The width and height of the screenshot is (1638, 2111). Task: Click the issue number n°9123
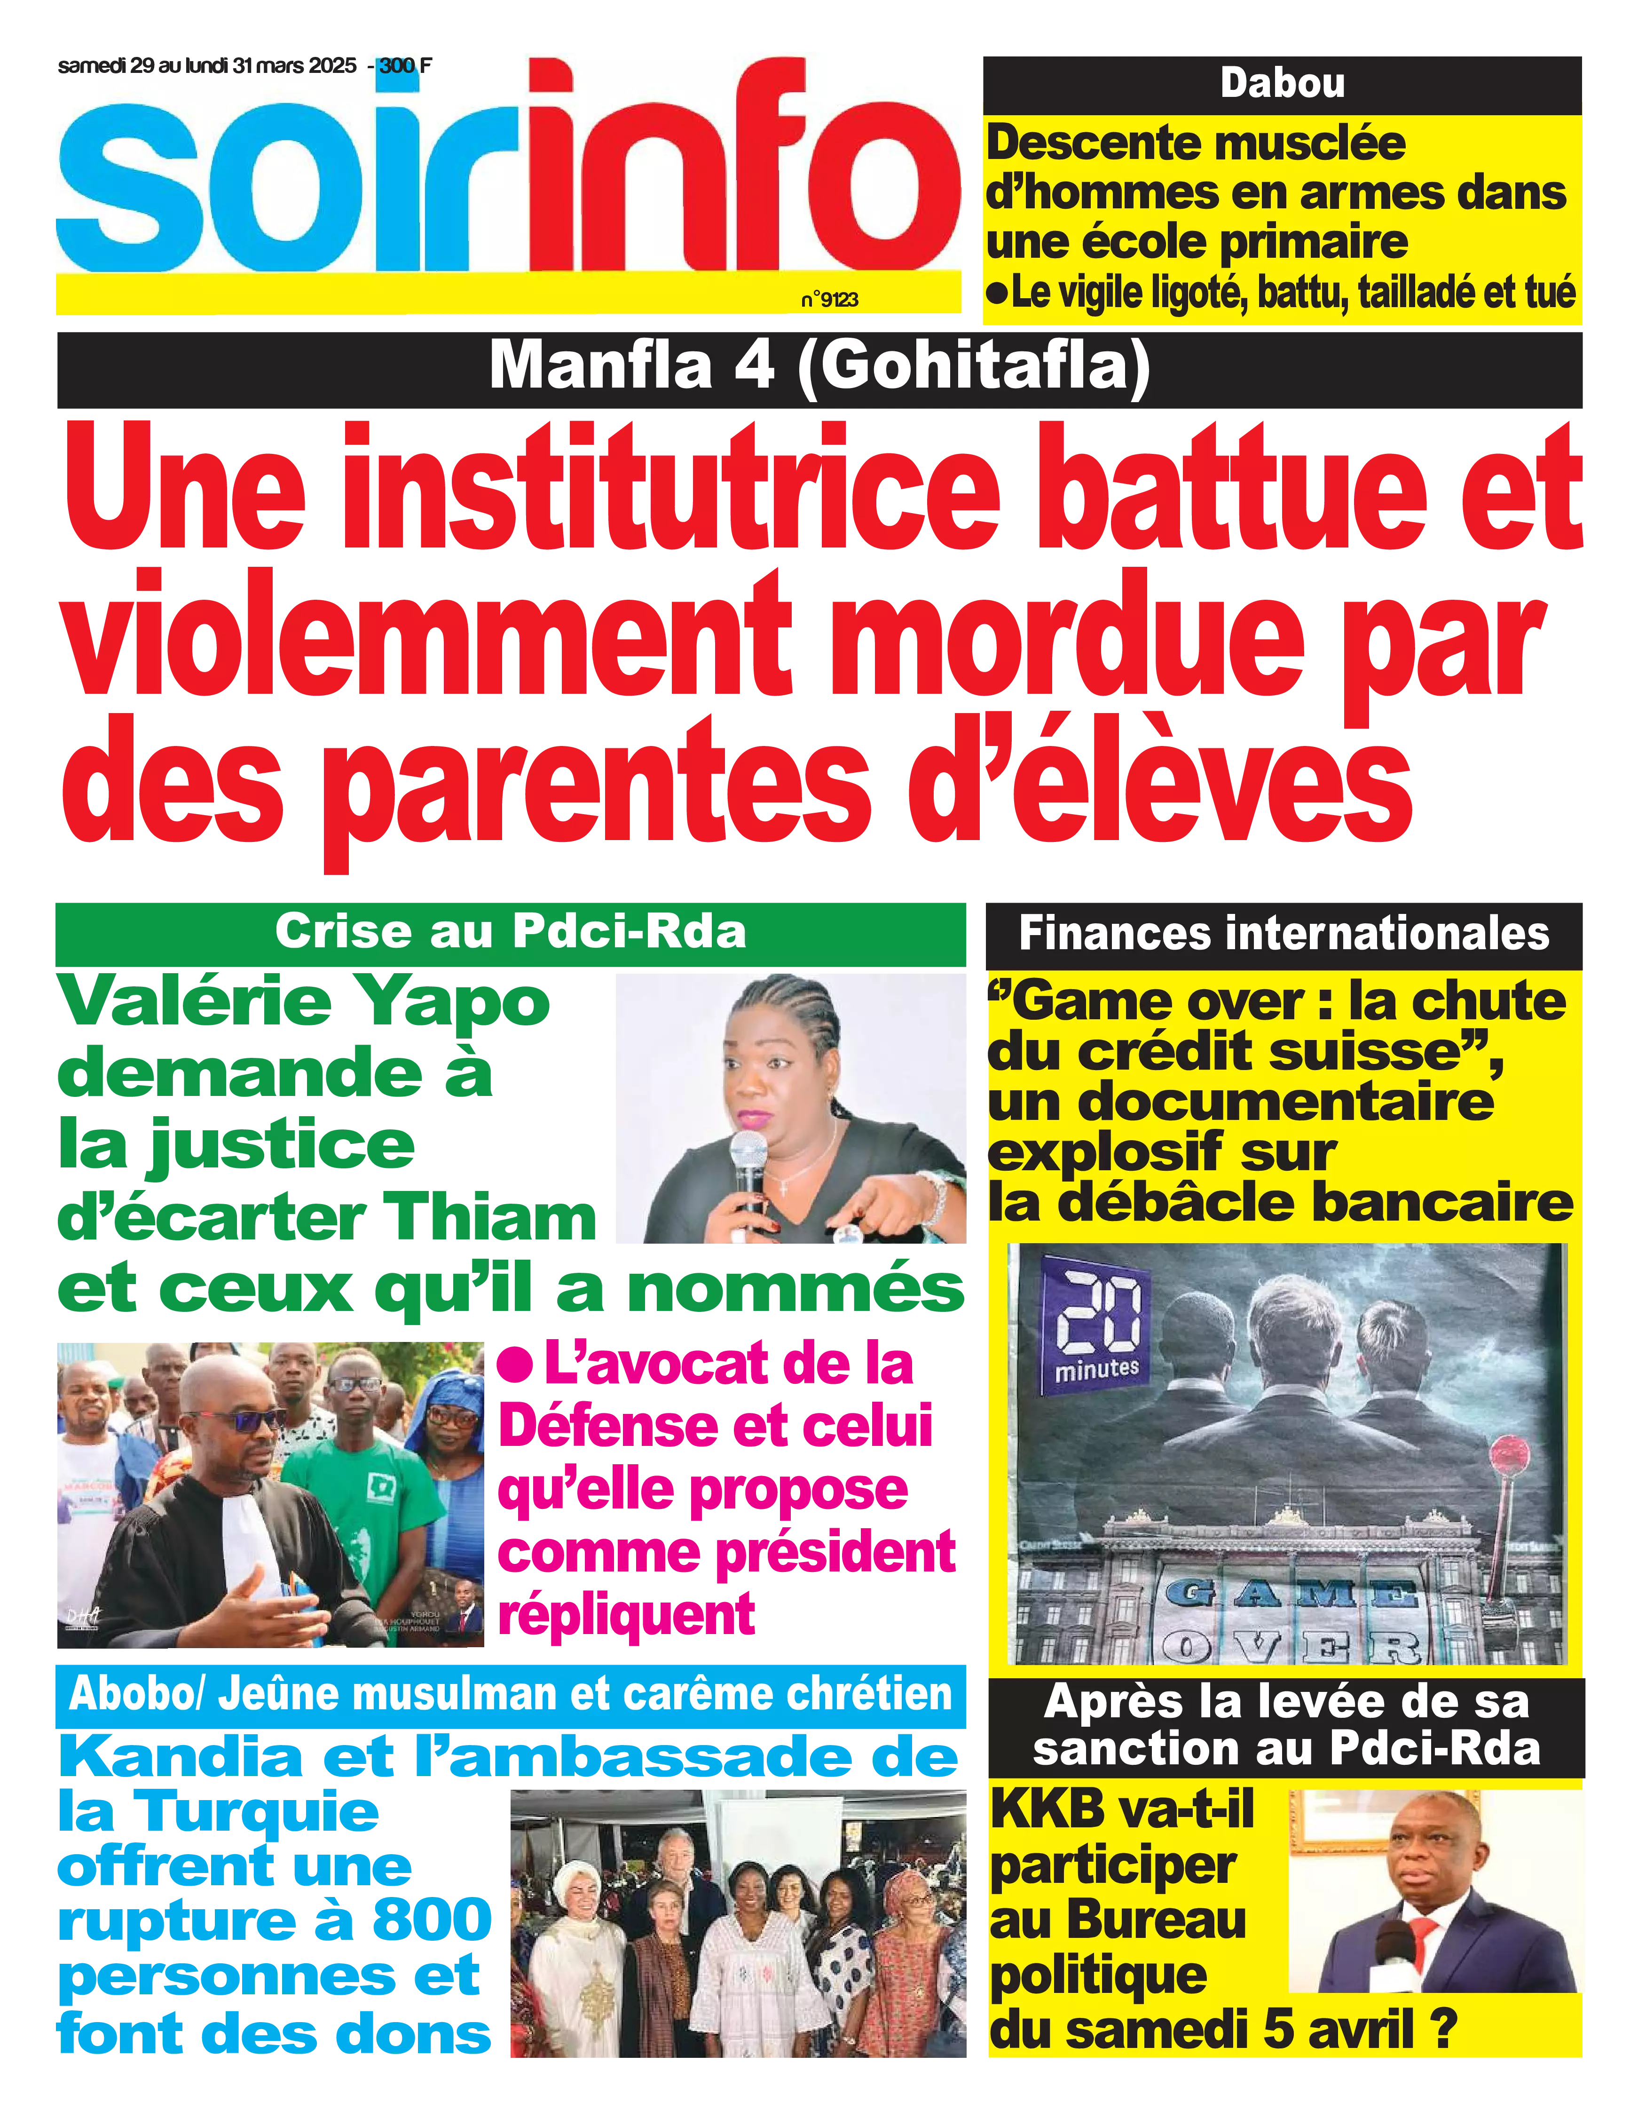pos(829,300)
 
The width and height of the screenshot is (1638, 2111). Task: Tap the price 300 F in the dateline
pos(406,66)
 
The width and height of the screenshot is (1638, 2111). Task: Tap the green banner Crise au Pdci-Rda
pos(510,932)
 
